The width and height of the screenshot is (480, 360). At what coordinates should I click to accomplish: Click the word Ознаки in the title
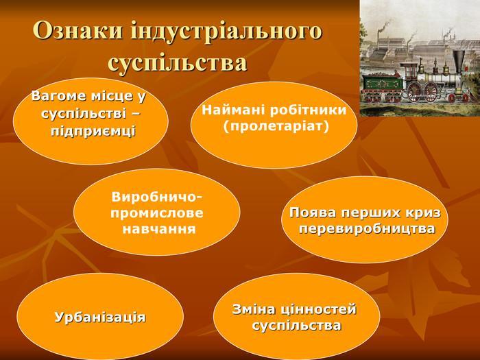click(77, 31)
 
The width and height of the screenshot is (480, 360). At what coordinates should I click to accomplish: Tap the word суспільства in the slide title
click(178, 63)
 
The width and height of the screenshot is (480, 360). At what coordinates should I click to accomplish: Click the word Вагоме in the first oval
click(59, 96)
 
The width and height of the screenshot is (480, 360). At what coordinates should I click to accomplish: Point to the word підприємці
click(93, 132)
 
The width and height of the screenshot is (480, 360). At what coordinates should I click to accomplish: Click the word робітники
click(308, 110)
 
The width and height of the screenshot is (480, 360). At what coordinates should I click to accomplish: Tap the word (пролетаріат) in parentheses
click(276, 126)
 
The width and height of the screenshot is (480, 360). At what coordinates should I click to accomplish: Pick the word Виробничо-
click(157, 197)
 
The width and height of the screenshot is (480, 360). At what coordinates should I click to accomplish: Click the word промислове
click(157, 213)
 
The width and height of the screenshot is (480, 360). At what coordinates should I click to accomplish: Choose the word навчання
click(159, 229)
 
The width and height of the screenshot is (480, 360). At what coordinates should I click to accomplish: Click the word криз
click(424, 213)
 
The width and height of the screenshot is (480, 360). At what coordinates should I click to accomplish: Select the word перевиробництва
click(367, 229)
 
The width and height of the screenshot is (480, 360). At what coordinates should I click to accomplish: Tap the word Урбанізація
click(100, 317)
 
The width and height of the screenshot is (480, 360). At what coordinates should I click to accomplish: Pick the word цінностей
click(319, 310)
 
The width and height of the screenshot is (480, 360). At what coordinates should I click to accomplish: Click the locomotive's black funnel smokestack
click(459, 61)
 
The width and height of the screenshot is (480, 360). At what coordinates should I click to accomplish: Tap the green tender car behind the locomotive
click(379, 82)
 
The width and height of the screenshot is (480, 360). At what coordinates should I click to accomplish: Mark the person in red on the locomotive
click(397, 74)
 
